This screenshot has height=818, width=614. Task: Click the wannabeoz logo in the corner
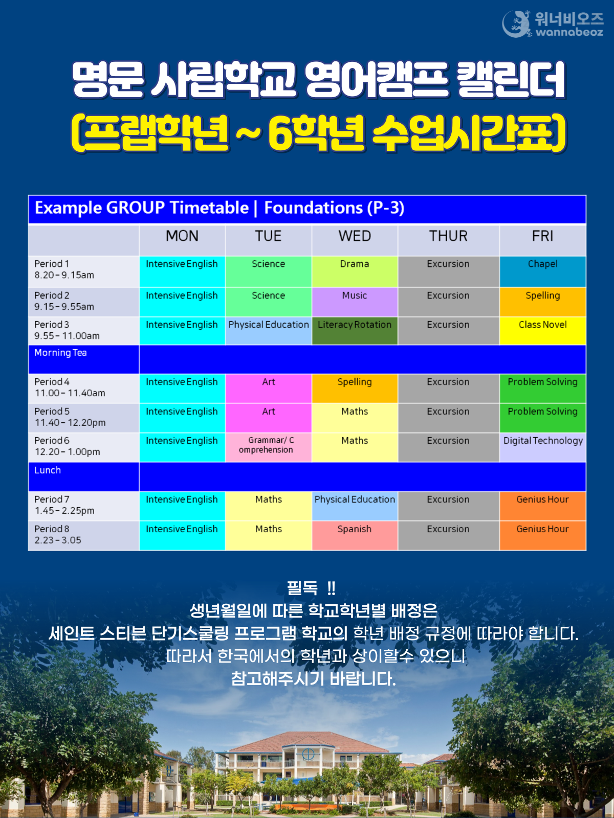coord(553,24)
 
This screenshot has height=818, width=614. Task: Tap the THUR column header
coord(448,236)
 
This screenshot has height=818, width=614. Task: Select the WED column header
coord(355,236)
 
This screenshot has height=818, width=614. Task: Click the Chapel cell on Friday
coord(542,271)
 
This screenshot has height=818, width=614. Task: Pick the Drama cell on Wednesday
coord(355,271)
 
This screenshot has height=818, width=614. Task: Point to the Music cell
coord(355,302)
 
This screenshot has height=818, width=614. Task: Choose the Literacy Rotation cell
coord(355,331)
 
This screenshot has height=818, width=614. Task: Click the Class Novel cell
coord(542,331)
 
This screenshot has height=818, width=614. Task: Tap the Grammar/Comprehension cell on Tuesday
coord(268,447)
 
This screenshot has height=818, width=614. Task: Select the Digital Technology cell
coord(542,447)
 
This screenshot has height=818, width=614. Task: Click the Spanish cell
coord(355,535)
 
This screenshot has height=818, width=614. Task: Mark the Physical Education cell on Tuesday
coord(268,331)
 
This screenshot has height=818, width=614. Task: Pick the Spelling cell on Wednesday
coord(355,389)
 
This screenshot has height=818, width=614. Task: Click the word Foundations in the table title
coord(313,208)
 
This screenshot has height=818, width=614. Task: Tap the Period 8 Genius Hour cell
coord(542,535)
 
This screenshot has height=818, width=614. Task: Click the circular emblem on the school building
coord(308,755)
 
